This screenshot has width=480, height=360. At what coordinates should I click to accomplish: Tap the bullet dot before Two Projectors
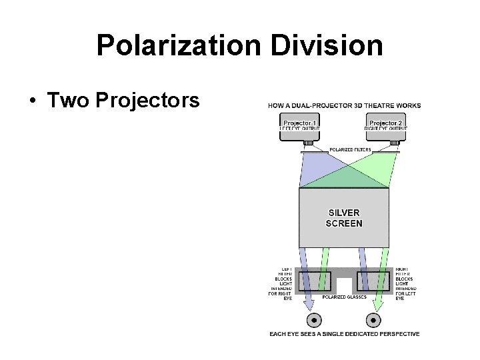pos(33,101)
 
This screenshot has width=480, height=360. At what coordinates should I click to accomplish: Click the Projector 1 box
pos(301,127)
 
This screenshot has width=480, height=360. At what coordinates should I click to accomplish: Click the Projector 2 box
pos(386,127)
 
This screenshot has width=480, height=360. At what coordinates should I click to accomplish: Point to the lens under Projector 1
pos(309,143)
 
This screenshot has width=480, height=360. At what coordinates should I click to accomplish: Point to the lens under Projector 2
pos(394,143)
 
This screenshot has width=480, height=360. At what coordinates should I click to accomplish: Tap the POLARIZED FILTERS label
pos(351,149)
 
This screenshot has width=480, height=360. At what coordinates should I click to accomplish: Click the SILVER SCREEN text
pos(344,218)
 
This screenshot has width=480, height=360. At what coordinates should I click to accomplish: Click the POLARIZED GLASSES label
pos(344,297)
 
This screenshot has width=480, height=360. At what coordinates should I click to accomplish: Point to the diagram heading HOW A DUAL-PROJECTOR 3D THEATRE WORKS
pos(344,106)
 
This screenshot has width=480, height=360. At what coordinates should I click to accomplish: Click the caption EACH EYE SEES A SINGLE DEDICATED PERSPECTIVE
pos(344,333)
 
